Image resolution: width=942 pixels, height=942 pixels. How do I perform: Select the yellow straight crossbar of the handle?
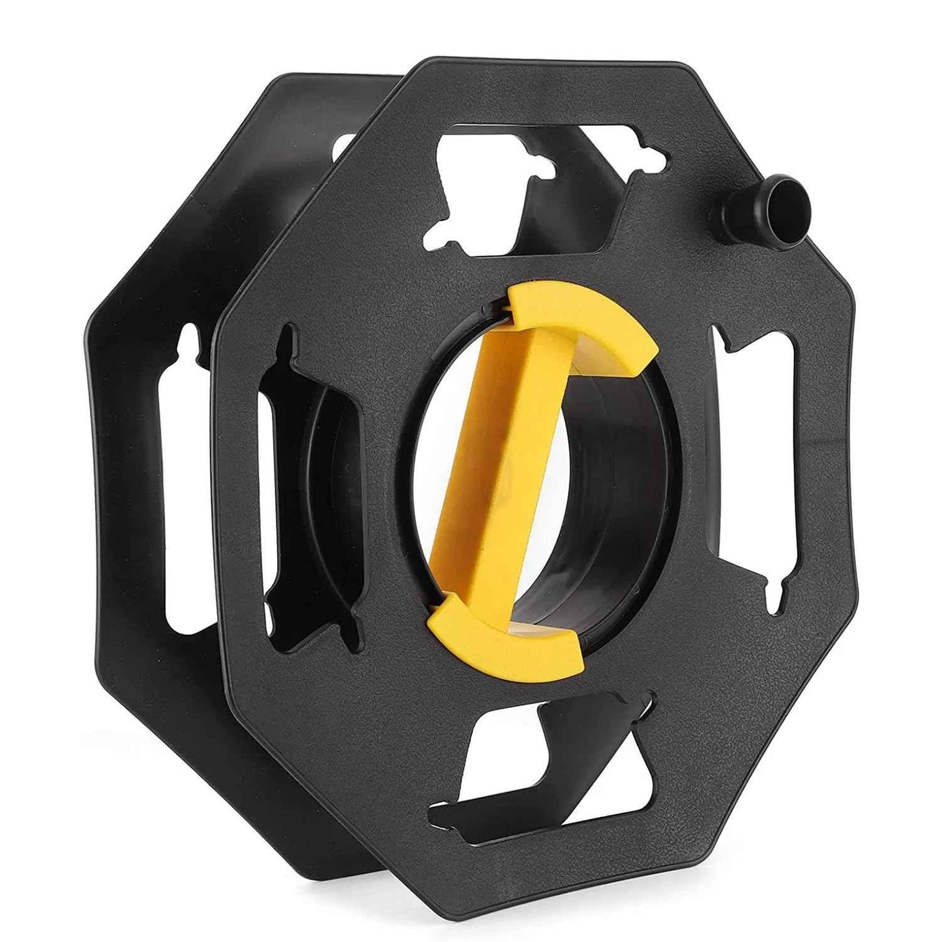(x=516, y=456)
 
